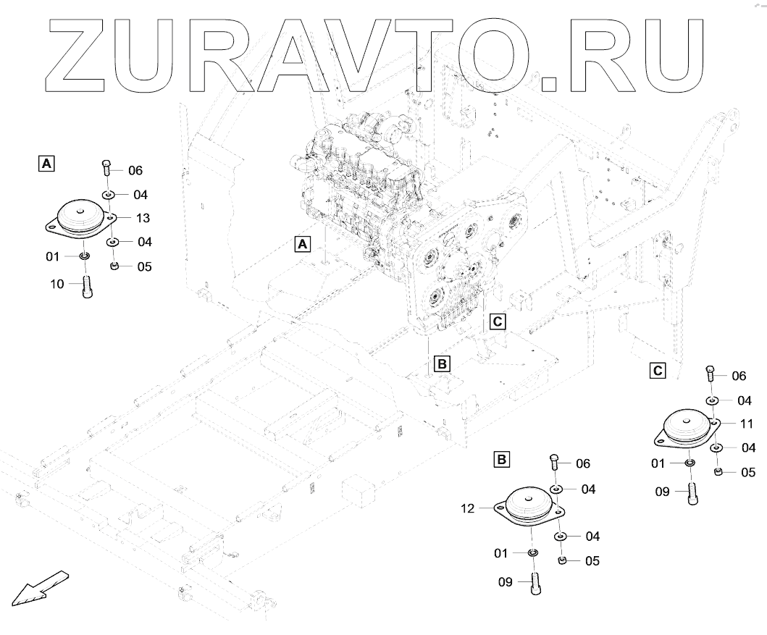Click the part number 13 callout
143,217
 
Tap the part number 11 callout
747,424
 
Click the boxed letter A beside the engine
303,244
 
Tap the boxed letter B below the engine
442,363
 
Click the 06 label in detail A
135,171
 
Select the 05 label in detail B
592,560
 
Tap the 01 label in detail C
658,463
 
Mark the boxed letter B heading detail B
502,459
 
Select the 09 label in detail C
663,492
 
